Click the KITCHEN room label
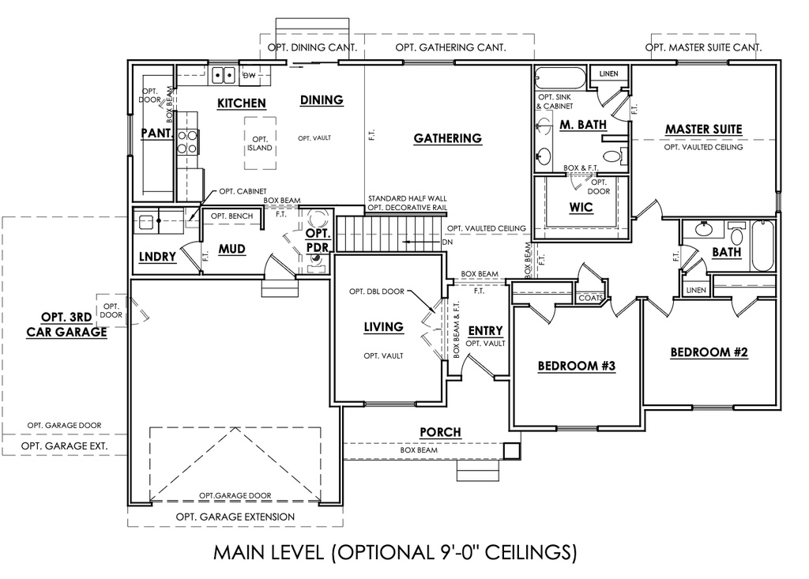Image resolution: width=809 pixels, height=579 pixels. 242,103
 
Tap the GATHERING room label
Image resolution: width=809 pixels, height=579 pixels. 448,138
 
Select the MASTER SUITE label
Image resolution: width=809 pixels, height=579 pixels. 704,130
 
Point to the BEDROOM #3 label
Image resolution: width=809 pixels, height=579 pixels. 577,366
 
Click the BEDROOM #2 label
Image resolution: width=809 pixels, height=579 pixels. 709,352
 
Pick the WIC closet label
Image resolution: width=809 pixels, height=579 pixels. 581,208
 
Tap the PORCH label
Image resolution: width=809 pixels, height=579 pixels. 440,432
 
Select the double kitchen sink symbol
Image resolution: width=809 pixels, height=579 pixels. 224,75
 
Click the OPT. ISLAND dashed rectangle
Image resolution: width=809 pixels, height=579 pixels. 260,143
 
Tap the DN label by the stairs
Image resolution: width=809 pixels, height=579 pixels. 447,242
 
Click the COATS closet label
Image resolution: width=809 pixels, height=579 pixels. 590,299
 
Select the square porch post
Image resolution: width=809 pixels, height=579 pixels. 512,451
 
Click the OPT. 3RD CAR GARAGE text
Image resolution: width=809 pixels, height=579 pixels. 66,325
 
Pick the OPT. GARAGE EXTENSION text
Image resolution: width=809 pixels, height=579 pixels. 235,517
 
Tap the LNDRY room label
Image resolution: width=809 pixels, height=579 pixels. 157,257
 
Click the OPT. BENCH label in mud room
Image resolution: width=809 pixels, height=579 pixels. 231,216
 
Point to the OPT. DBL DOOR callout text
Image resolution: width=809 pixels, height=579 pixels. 377,291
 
